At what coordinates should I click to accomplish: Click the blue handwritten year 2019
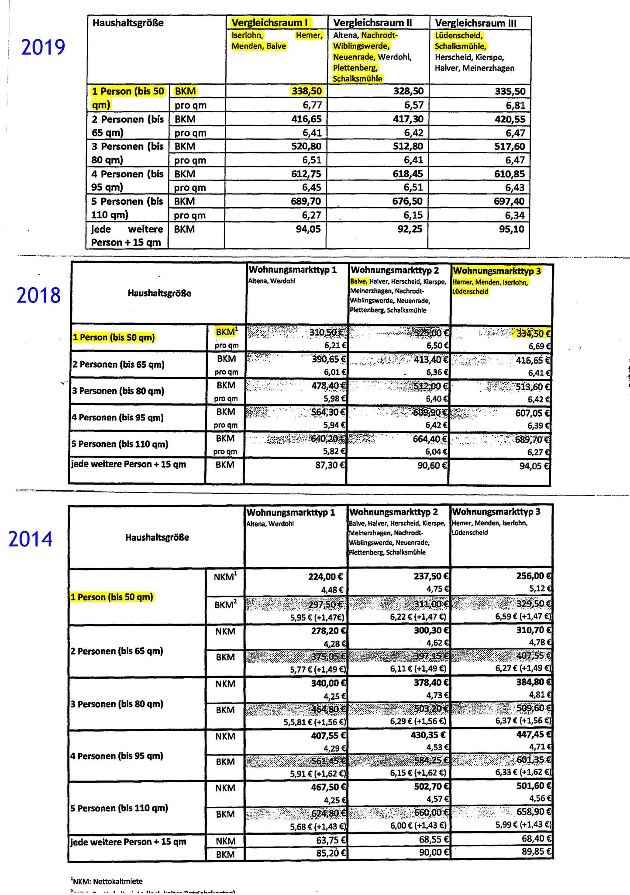click(43, 47)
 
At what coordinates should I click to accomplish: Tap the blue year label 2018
click(39, 295)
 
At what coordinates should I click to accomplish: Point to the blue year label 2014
click(31, 539)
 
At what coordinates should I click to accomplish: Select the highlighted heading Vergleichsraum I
click(270, 23)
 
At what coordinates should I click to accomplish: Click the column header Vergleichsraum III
click(476, 23)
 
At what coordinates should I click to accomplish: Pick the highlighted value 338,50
click(306, 91)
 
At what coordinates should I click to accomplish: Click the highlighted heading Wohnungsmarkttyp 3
click(497, 271)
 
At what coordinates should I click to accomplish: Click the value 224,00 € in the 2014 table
click(327, 576)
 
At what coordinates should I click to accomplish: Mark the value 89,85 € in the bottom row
click(534, 851)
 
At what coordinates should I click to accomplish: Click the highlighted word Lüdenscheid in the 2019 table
click(458, 35)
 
